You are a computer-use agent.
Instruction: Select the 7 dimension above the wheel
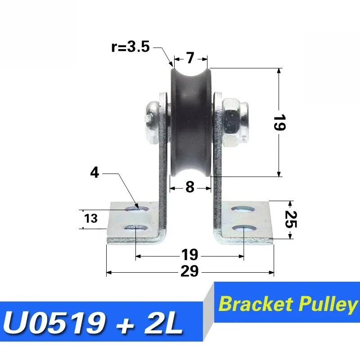pos(190,58)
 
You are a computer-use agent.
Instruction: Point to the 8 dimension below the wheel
pos(190,187)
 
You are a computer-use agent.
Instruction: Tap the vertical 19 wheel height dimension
pos(279,122)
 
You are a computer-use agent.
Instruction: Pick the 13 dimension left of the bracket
pos(91,219)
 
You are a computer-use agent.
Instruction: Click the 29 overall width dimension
pos(189,272)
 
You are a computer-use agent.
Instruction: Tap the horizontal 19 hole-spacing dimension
pos(189,255)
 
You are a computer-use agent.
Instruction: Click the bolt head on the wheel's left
pos(152,118)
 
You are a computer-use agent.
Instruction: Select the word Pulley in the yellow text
pos(327,305)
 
